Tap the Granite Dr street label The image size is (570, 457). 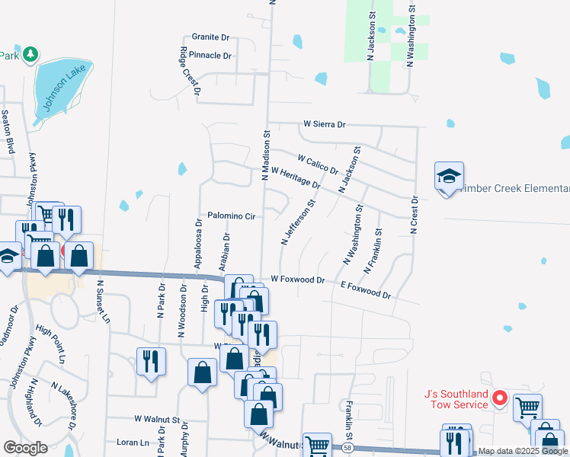210,37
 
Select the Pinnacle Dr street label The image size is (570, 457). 210,56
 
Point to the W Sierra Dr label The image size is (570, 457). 324,123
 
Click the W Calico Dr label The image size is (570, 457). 318,164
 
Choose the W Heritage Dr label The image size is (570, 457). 295,180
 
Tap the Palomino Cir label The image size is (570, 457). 231,216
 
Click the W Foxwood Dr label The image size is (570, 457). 297,280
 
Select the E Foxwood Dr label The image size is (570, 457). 365,289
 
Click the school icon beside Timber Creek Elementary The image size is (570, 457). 450,177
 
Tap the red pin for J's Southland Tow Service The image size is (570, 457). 500,397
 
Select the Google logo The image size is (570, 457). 25,447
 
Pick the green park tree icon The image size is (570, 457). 30,54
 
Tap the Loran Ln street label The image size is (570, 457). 133,442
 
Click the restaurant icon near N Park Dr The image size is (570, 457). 151,360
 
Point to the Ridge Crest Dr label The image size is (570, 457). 190,71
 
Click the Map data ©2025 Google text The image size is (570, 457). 522,452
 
